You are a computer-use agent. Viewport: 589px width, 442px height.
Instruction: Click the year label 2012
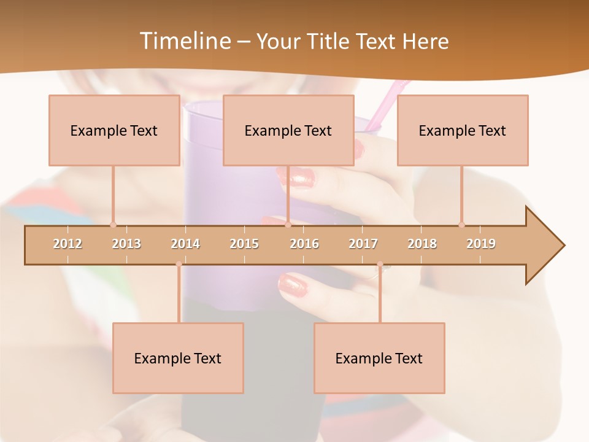[67, 244]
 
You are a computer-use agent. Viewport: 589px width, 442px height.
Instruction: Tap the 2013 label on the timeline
[126, 244]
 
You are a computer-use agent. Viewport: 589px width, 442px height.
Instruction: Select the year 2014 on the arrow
[185, 244]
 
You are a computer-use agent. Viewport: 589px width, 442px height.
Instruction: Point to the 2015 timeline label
[244, 244]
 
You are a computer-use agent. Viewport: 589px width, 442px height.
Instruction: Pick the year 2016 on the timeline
[304, 244]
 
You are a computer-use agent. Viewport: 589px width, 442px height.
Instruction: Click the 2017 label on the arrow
[363, 244]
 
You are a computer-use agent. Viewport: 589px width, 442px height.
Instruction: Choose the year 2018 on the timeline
[422, 244]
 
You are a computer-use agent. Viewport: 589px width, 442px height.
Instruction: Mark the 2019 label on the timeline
[481, 244]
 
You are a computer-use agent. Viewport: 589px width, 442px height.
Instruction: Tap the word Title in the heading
[330, 41]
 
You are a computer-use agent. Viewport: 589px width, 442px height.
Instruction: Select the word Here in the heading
[425, 41]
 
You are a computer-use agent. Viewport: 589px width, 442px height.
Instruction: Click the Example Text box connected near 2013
[114, 130]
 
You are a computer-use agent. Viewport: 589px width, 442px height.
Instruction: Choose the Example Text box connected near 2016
[288, 130]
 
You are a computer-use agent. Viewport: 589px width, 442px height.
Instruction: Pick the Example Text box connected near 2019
[463, 130]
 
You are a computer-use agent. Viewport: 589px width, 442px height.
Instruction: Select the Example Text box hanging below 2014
[178, 358]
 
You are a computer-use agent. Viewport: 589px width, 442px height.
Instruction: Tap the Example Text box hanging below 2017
[379, 358]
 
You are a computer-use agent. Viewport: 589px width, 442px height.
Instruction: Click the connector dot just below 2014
[179, 264]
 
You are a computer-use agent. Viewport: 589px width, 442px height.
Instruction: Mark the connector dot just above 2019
[462, 225]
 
